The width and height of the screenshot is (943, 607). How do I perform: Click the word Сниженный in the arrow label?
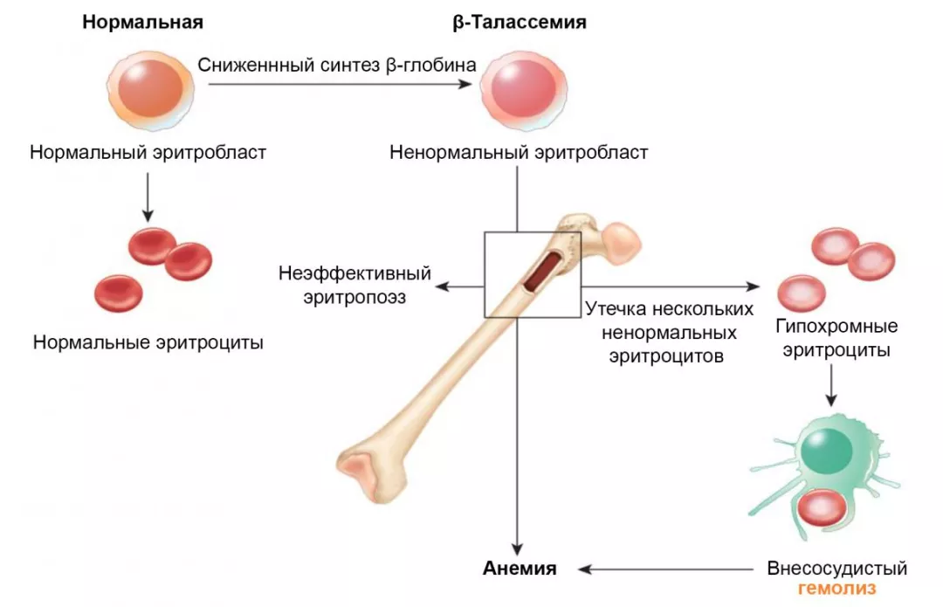(x=242, y=65)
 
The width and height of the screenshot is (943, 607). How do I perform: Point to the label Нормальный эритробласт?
(x=148, y=153)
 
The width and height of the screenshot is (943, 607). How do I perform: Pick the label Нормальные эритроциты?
(x=148, y=342)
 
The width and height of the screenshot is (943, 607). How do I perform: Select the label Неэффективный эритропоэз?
(x=354, y=285)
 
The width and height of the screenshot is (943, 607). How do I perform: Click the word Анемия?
(x=520, y=569)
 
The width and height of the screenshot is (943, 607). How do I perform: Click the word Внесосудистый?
(x=836, y=569)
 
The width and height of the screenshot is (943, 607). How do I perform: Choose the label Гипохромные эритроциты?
(x=836, y=339)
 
